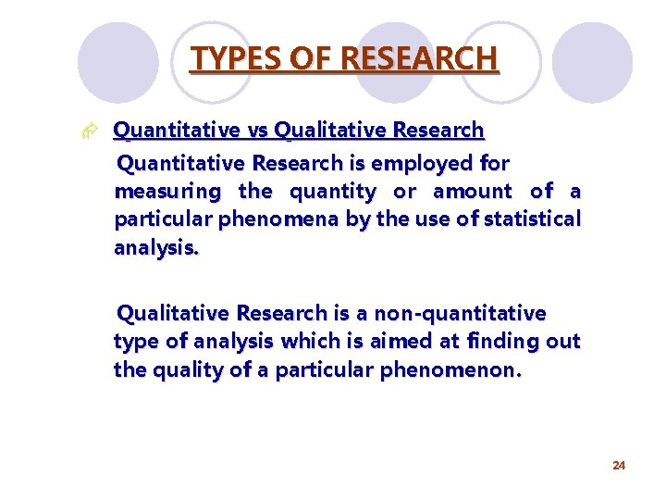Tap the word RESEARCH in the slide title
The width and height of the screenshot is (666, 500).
click(x=419, y=59)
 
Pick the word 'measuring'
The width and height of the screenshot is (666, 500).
click(x=167, y=192)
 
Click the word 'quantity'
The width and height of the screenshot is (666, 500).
click(x=333, y=192)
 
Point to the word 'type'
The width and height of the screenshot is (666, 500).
click(x=133, y=342)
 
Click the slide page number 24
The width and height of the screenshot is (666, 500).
click(x=619, y=465)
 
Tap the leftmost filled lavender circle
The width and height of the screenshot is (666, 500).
click(x=117, y=63)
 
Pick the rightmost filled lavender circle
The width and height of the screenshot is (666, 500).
click(x=592, y=63)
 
